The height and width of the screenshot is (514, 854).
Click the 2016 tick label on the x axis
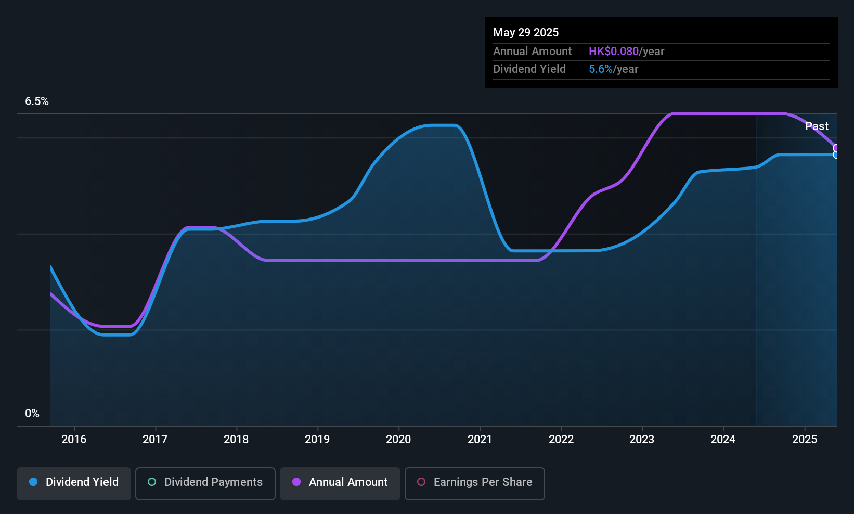pos(74,439)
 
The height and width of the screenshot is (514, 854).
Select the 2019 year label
pos(317,439)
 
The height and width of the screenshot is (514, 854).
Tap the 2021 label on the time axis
pos(480,439)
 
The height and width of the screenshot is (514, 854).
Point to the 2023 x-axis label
pos(642,439)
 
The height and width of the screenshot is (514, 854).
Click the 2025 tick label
pos(805,439)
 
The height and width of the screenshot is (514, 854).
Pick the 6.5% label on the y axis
pos(36,101)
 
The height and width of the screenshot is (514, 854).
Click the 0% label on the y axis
pos(32,414)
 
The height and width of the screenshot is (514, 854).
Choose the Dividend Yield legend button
pos(73,483)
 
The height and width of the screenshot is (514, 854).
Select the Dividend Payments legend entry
pos(205,483)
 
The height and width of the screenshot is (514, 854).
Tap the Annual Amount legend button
pos(340,483)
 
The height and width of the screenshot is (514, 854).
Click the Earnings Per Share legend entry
pos(475,483)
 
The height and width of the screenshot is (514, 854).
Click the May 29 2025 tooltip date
pos(526,32)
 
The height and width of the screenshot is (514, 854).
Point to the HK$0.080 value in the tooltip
pos(613,51)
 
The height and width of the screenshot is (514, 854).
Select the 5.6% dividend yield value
pos(601,69)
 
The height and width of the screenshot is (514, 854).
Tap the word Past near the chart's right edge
pos(817,126)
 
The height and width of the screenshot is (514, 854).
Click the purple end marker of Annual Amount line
pos(836,148)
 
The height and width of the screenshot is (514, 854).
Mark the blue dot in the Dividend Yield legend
pos(34,482)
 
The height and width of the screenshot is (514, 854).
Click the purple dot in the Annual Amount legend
pos(296,482)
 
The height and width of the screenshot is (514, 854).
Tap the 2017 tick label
pos(155,439)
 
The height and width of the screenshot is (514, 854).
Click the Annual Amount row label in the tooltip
pos(532,51)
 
